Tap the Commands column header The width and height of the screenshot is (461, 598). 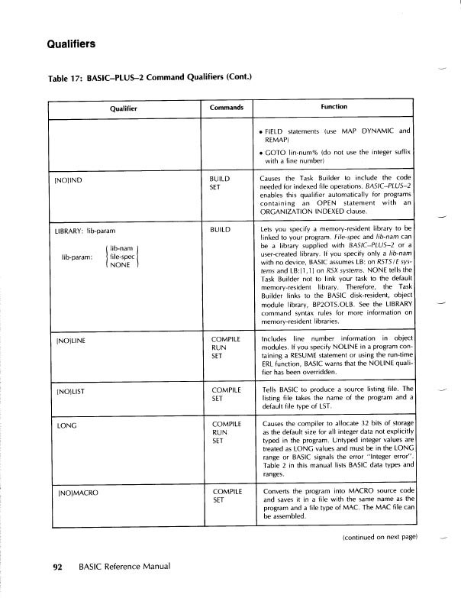pos(226,108)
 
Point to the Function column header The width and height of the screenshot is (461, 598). pos(334,107)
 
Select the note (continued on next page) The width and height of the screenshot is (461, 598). pos(379,538)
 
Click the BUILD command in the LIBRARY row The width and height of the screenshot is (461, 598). pos(220,229)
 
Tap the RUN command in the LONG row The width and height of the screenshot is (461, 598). pos(216,432)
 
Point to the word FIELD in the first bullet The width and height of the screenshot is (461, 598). pos(277,131)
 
